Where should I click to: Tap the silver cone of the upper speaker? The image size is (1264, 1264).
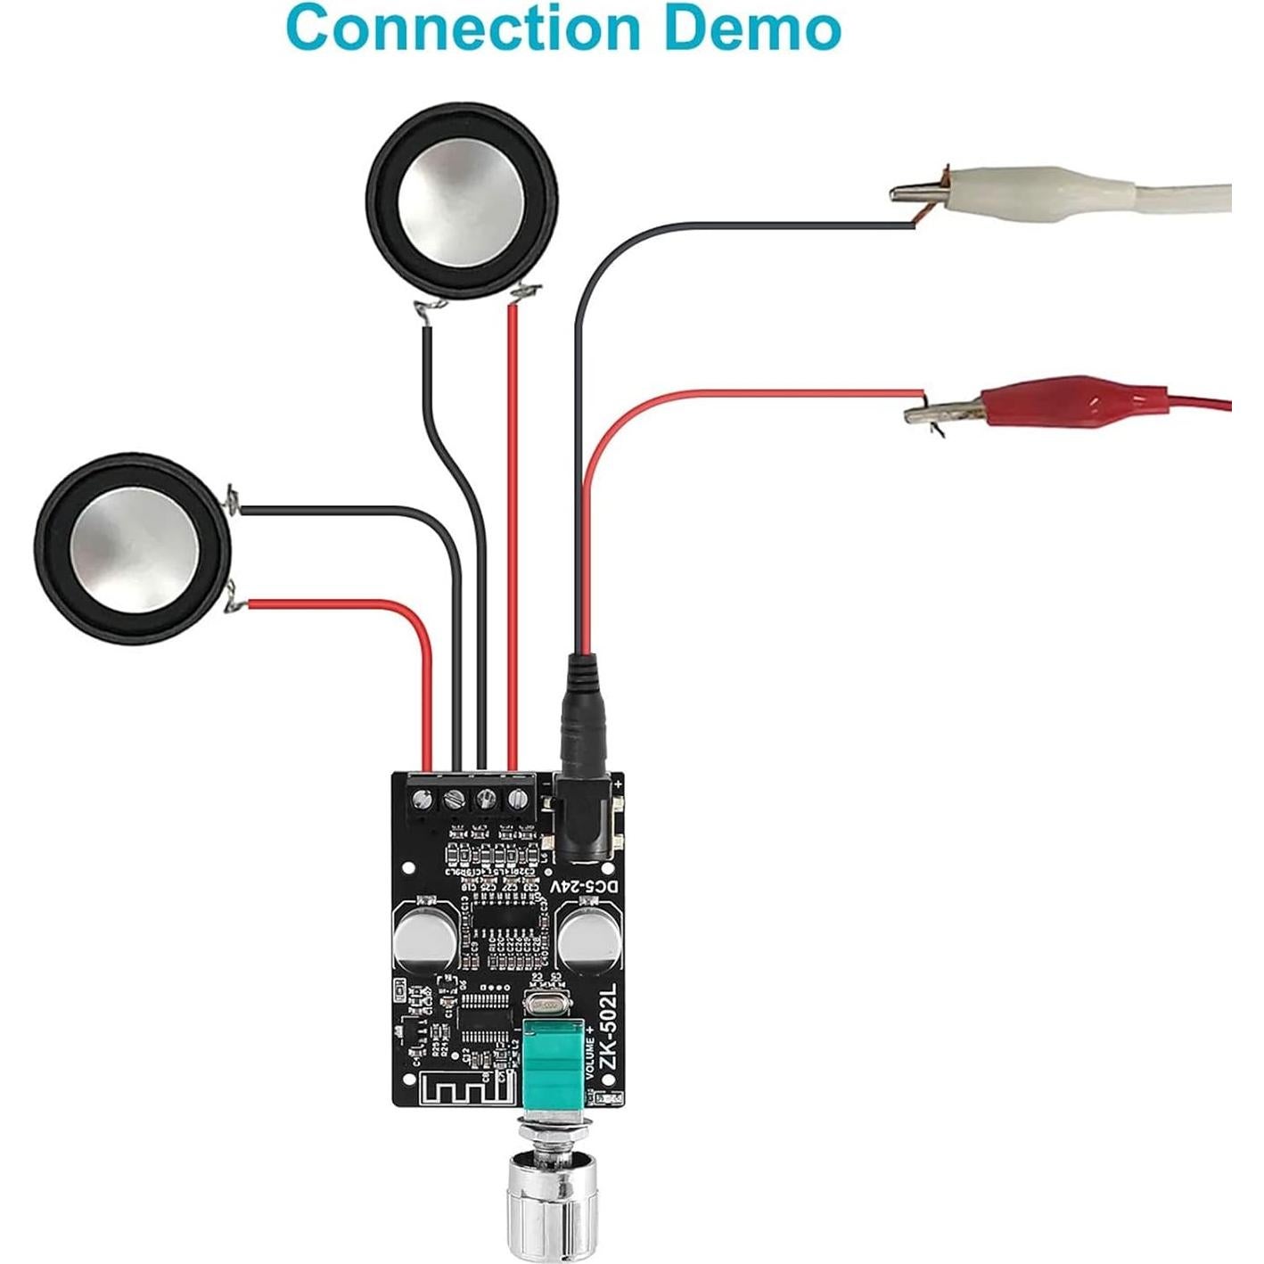click(x=461, y=209)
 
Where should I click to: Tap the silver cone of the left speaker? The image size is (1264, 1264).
click(x=131, y=547)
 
